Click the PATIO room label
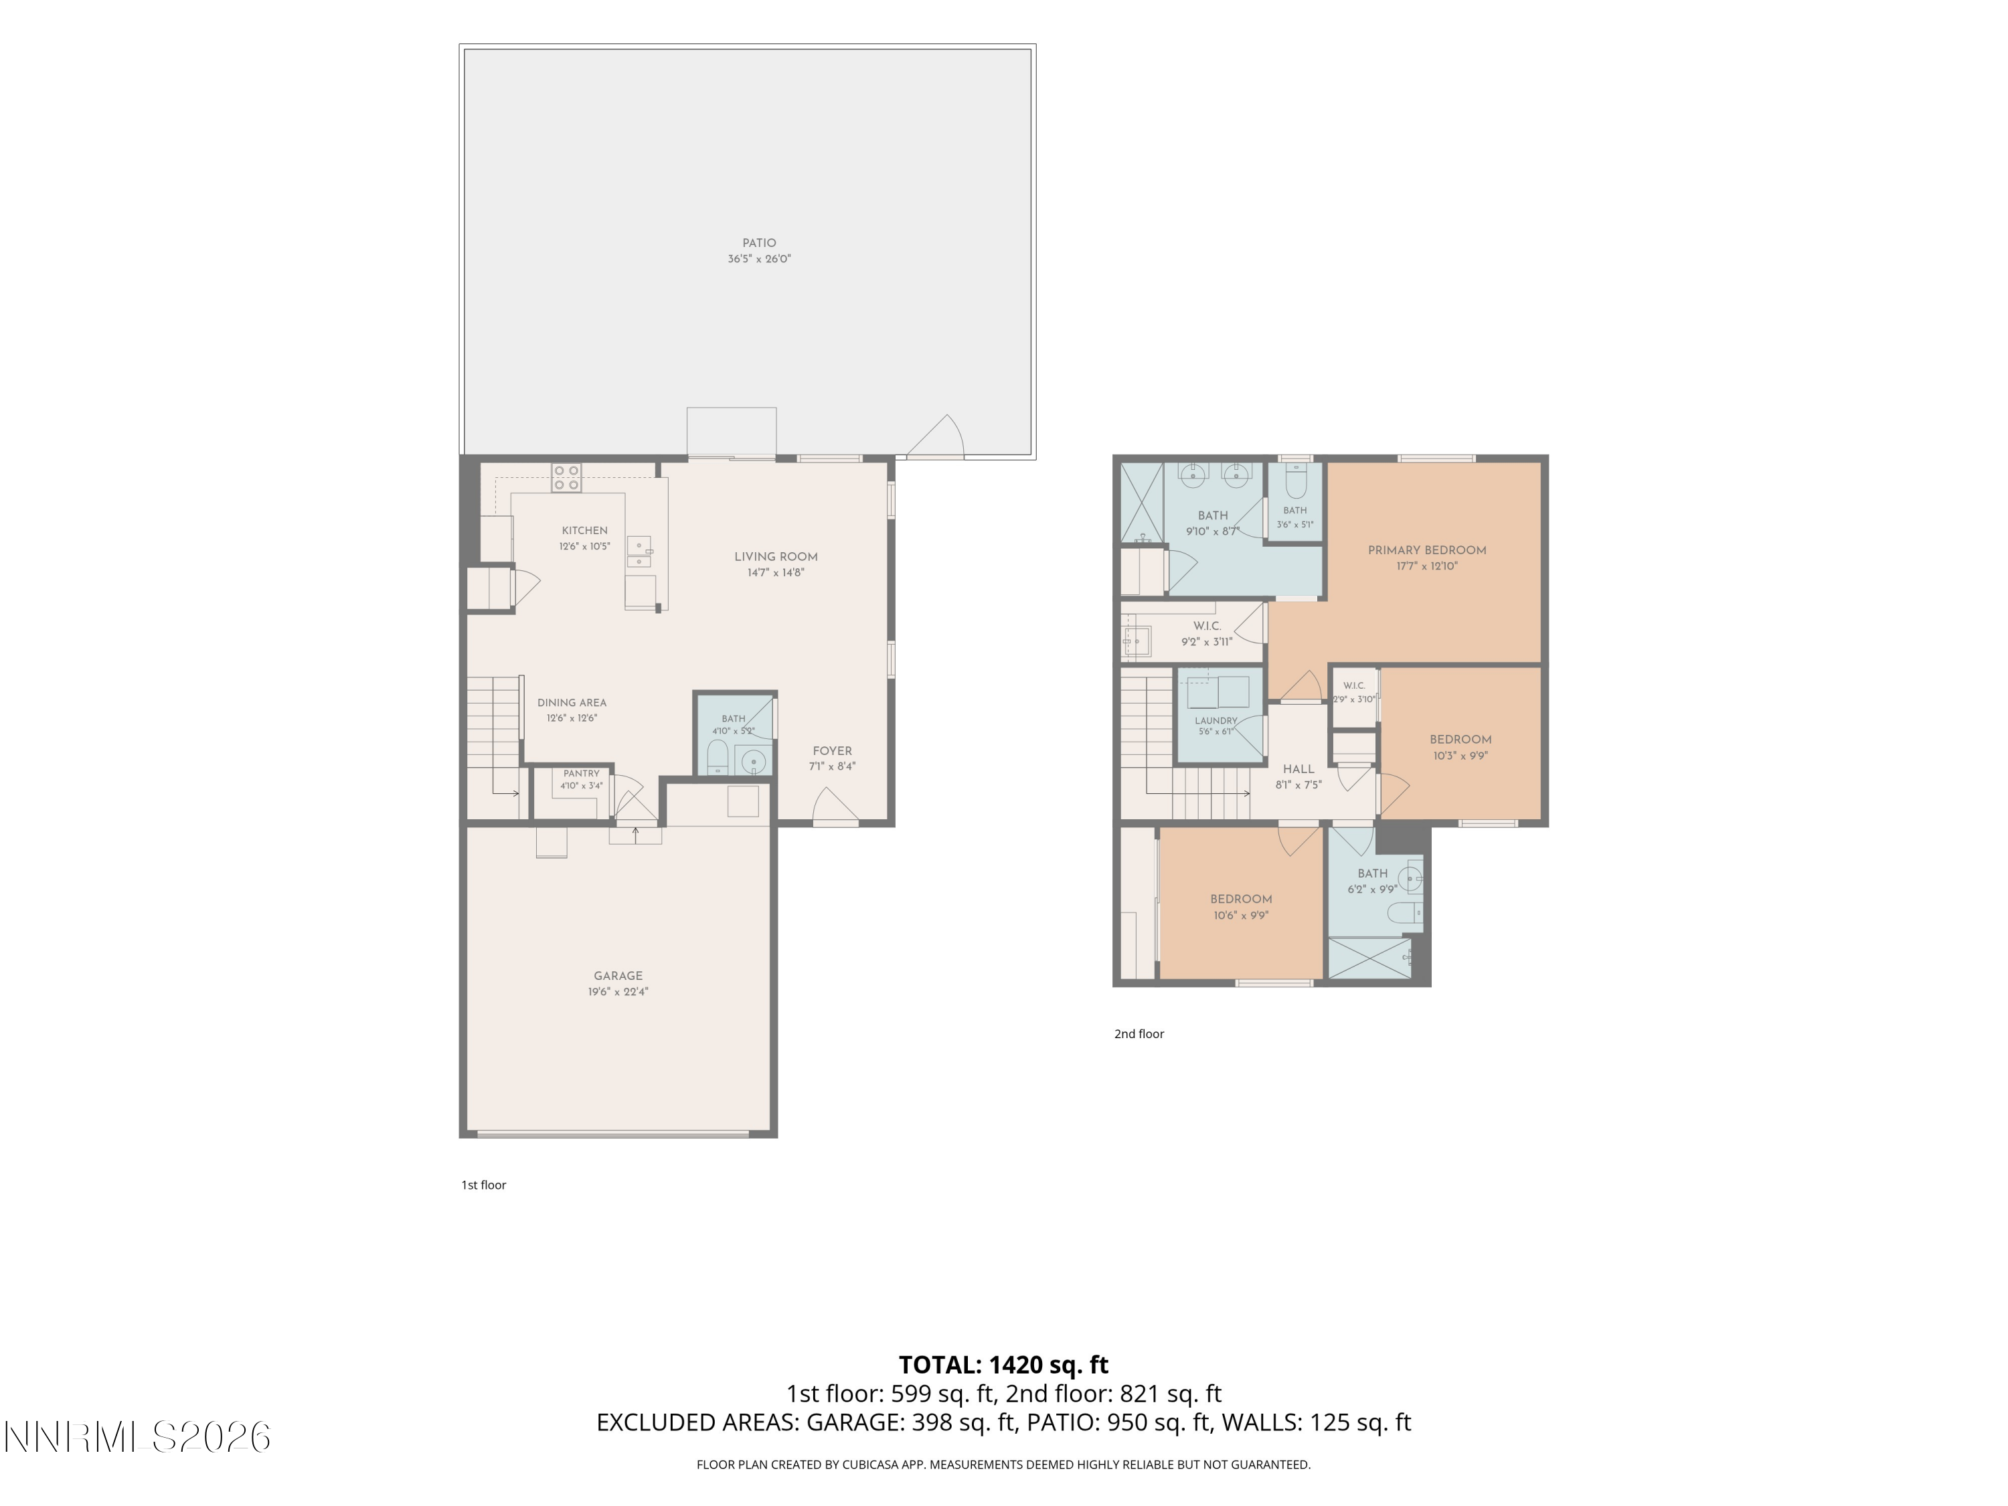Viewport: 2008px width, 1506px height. pos(759,243)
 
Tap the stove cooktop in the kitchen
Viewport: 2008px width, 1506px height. pos(566,477)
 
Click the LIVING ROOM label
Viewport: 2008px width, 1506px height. pos(776,558)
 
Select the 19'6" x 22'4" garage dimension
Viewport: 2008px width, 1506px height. pos(618,992)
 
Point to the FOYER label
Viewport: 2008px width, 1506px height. pos(833,752)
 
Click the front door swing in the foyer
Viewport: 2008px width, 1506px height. pos(834,807)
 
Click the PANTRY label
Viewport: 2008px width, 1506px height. pos(581,774)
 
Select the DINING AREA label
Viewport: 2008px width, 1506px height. pos(572,703)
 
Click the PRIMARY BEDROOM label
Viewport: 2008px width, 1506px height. pos(1427,550)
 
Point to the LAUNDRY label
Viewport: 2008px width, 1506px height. pos(1216,721)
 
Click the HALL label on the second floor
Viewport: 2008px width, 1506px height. pos(1299,769)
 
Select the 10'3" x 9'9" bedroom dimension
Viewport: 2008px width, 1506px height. pos(1460,755)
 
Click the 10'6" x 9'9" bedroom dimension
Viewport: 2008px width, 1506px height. pos(1241,915)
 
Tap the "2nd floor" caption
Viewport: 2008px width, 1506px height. pos(1139,1034)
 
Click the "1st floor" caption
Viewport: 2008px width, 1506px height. pos(484,1185)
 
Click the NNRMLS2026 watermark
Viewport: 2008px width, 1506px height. pos(138,1437)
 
